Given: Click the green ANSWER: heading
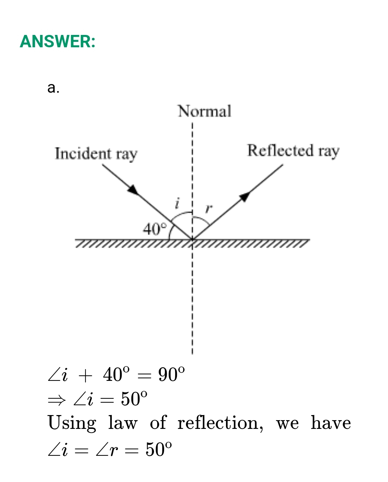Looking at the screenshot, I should [58, 41].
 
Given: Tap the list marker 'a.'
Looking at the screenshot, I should [53, 88].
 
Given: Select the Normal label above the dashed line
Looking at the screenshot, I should [205, 111].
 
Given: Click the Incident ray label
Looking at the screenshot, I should [96, 154].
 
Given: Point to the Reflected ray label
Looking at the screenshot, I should [293, 150].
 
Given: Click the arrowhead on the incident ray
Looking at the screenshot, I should [134, 189].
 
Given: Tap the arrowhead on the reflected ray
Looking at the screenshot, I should [245, 196].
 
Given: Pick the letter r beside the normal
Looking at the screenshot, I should [208, 209].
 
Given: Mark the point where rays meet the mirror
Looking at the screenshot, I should [192, 239].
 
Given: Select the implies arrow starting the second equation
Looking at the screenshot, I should [56, 400].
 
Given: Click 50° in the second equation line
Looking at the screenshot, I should [134, 399].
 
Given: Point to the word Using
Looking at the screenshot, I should [72, 423].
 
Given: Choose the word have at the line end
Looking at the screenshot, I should [330, 423].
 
